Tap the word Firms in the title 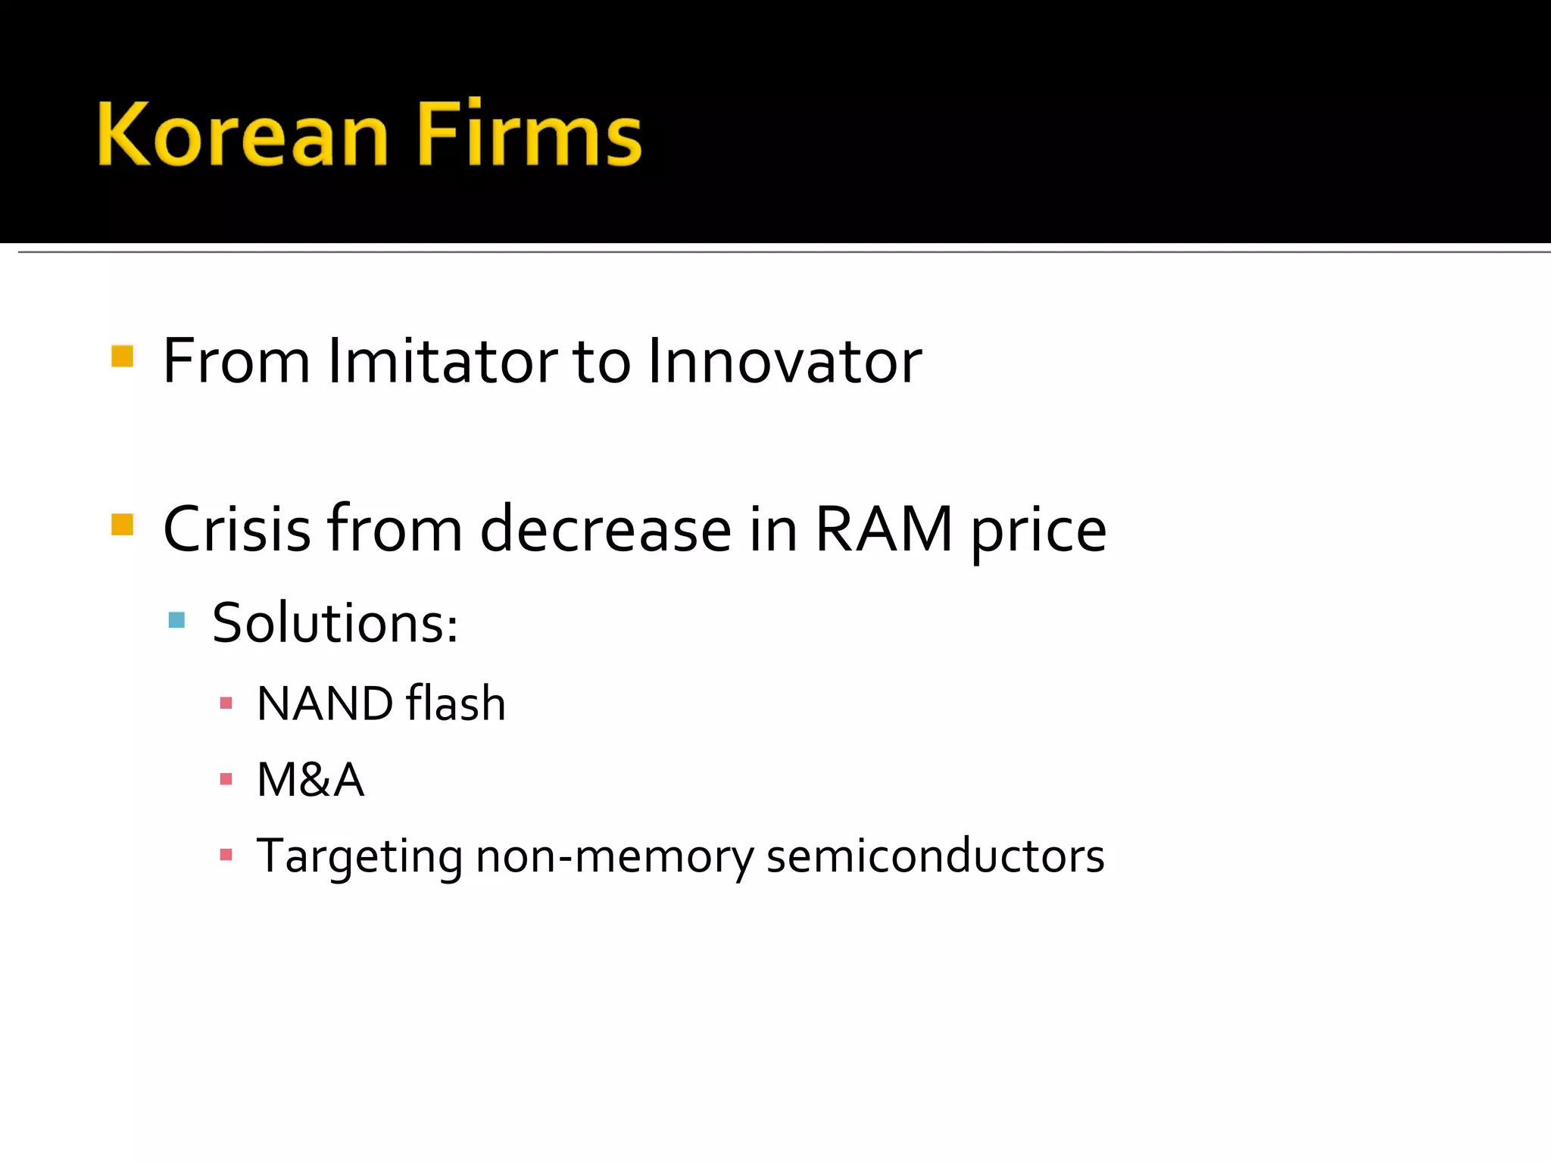tap(529, 134)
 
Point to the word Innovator tap(785, 361)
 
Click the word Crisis tap(237, 529)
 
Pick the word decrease tap(606, 529)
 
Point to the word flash tap(455, 703)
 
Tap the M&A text tap(311, 780)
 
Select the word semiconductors tap(935, 856)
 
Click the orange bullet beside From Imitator tap(122, 356)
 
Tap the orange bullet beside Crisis tap(122, 524)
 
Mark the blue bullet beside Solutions tap(177, 620)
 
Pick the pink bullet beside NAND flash tap(226, 703)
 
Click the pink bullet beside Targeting tap(226, 856)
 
